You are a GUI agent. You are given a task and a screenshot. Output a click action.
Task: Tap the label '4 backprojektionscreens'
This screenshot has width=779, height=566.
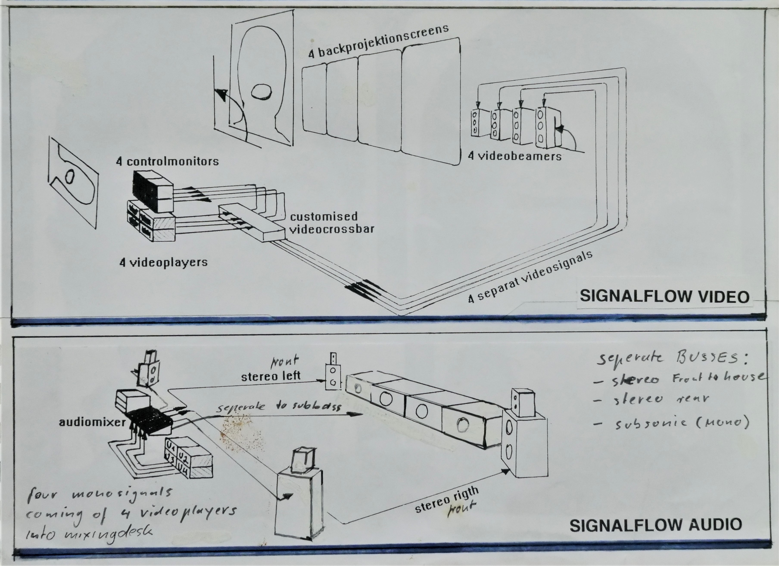pyautogui.click(x=378, y=41)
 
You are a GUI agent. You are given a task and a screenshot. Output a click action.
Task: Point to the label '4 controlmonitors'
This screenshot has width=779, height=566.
pyautogui.click(x=167, y=161)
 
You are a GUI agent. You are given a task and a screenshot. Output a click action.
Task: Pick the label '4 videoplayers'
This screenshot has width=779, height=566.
pyautogui.click(x=164, y=263)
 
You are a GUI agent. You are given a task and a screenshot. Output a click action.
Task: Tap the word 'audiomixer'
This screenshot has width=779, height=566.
pyautogui.click(x=92, y=422)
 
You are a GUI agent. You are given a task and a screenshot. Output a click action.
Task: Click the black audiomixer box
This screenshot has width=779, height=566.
pyautogui.click(x=151, y=420)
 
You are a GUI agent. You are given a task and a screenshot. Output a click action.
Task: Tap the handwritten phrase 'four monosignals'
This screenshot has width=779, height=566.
pyautogui.click(x=100, y=494)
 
